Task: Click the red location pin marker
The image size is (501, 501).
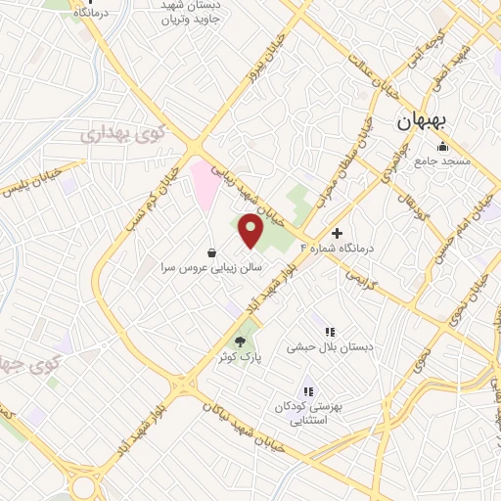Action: (251, 230)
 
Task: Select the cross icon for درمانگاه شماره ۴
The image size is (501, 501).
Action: (338, 234)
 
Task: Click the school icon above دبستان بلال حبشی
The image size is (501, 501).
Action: (330, 333)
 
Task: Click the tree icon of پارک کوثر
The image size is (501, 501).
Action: (241, 342)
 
